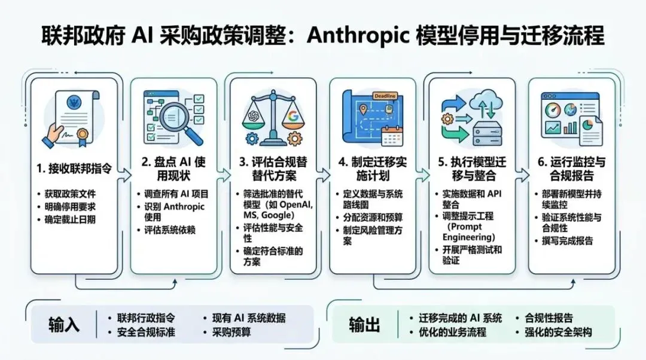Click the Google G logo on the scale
tap(293, 115)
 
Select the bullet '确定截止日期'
tap(70, 219)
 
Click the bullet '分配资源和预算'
tap(373, 218)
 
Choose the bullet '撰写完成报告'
tap(568, 240)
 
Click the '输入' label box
tap(64, 325)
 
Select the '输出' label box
tap(364, 325)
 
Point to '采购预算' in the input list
tap(227, 332)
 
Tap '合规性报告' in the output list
tap(549, 318)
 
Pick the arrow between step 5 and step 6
tap(522, 174)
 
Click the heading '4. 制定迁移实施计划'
tap(374, 169)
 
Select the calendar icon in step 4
tap(394, 135)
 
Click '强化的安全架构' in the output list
tap(557, 332)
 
